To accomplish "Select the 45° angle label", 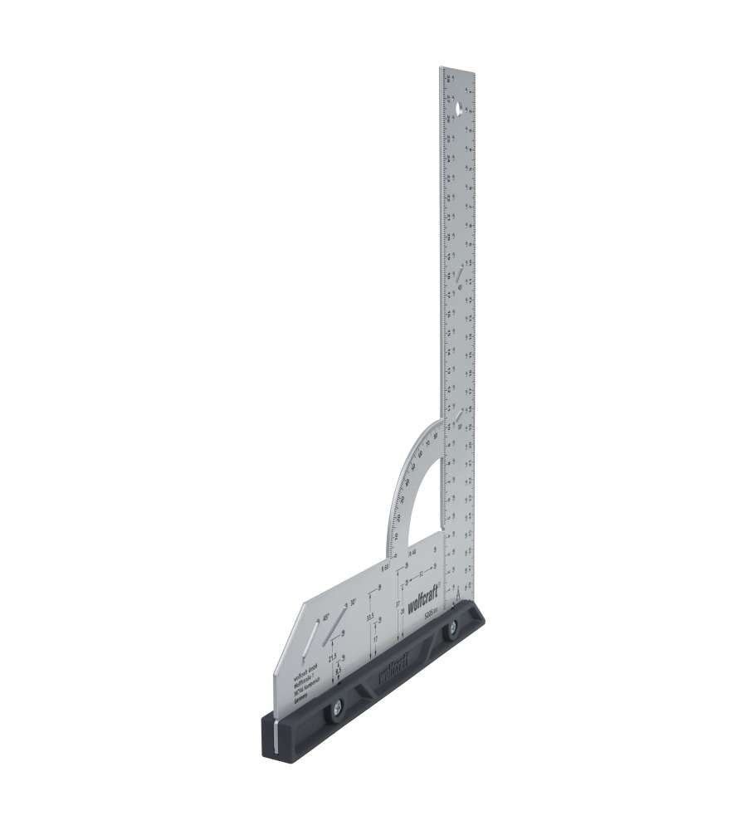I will (x=326, y=617).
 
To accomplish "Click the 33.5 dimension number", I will (x=370, y=618).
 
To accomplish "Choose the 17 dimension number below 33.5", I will (x=375, y=640).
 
